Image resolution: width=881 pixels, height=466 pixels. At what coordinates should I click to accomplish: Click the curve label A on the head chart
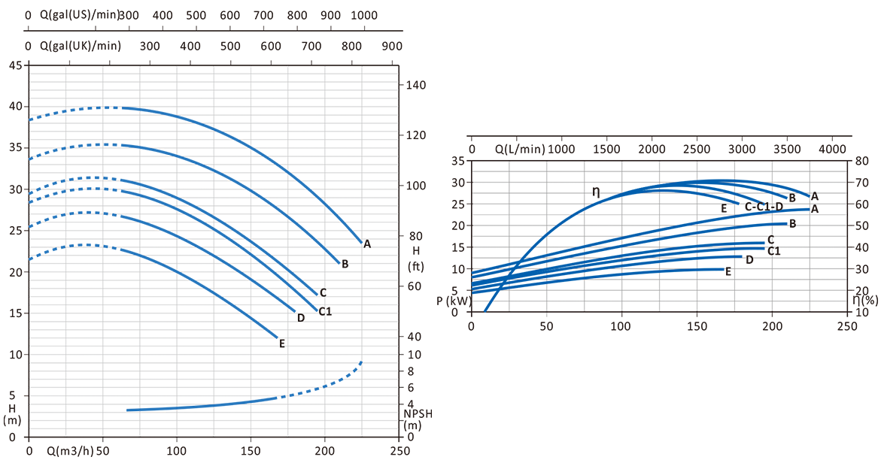point(367,244)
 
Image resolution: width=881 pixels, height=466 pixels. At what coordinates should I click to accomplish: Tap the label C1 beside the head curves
point(325,311)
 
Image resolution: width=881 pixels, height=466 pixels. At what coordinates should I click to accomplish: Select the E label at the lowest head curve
point(281,344)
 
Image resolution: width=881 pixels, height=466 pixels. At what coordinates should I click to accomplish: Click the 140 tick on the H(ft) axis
point(416,85)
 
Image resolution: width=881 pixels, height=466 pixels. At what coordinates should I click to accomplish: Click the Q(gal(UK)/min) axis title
point(80,46)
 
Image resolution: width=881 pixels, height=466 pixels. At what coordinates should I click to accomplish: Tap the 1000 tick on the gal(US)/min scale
point(364,15)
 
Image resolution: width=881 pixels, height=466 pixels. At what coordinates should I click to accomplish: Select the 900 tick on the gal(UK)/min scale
point(392,46)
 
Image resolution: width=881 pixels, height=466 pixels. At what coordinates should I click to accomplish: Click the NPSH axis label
point(418,413)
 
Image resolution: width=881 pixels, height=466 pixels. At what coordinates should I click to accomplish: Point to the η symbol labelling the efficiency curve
point(596,192)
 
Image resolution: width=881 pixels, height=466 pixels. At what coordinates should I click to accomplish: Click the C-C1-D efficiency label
point(764,207)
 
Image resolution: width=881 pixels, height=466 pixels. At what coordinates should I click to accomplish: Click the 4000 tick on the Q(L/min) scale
point(832,149)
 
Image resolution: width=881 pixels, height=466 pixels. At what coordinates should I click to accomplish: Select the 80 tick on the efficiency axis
point(861,161)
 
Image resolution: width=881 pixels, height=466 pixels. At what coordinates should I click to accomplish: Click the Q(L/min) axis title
point(519,149)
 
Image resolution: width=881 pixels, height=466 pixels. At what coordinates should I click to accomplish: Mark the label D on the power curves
point(749,260)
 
